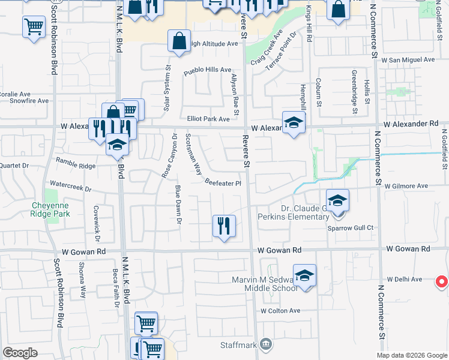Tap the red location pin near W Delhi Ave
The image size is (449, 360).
point(441,280)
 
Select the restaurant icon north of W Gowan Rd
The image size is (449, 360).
point(224,226)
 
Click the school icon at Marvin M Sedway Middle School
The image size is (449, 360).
point(304,275)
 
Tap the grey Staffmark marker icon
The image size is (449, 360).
point(267,344)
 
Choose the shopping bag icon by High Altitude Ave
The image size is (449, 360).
point(179,42)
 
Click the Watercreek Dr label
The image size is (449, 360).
point(71,187)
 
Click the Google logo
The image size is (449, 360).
point(20,353)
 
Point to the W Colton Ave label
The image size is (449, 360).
point(280,311)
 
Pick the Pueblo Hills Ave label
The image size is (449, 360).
point(208,70)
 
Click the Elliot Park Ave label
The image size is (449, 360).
point(209,119)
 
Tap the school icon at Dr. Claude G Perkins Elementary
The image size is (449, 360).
point(338,200)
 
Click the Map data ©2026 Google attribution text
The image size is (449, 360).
point(411,355)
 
